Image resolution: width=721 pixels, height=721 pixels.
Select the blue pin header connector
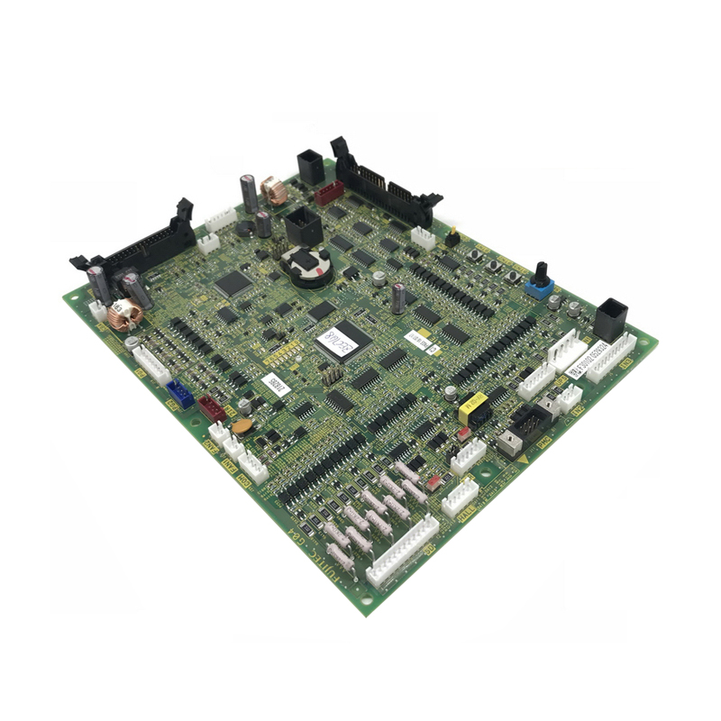179,393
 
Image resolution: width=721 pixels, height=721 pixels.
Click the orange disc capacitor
242,427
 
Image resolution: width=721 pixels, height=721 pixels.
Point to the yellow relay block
472,407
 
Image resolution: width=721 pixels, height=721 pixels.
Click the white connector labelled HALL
460,496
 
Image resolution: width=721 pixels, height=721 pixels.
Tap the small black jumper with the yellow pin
452,238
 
